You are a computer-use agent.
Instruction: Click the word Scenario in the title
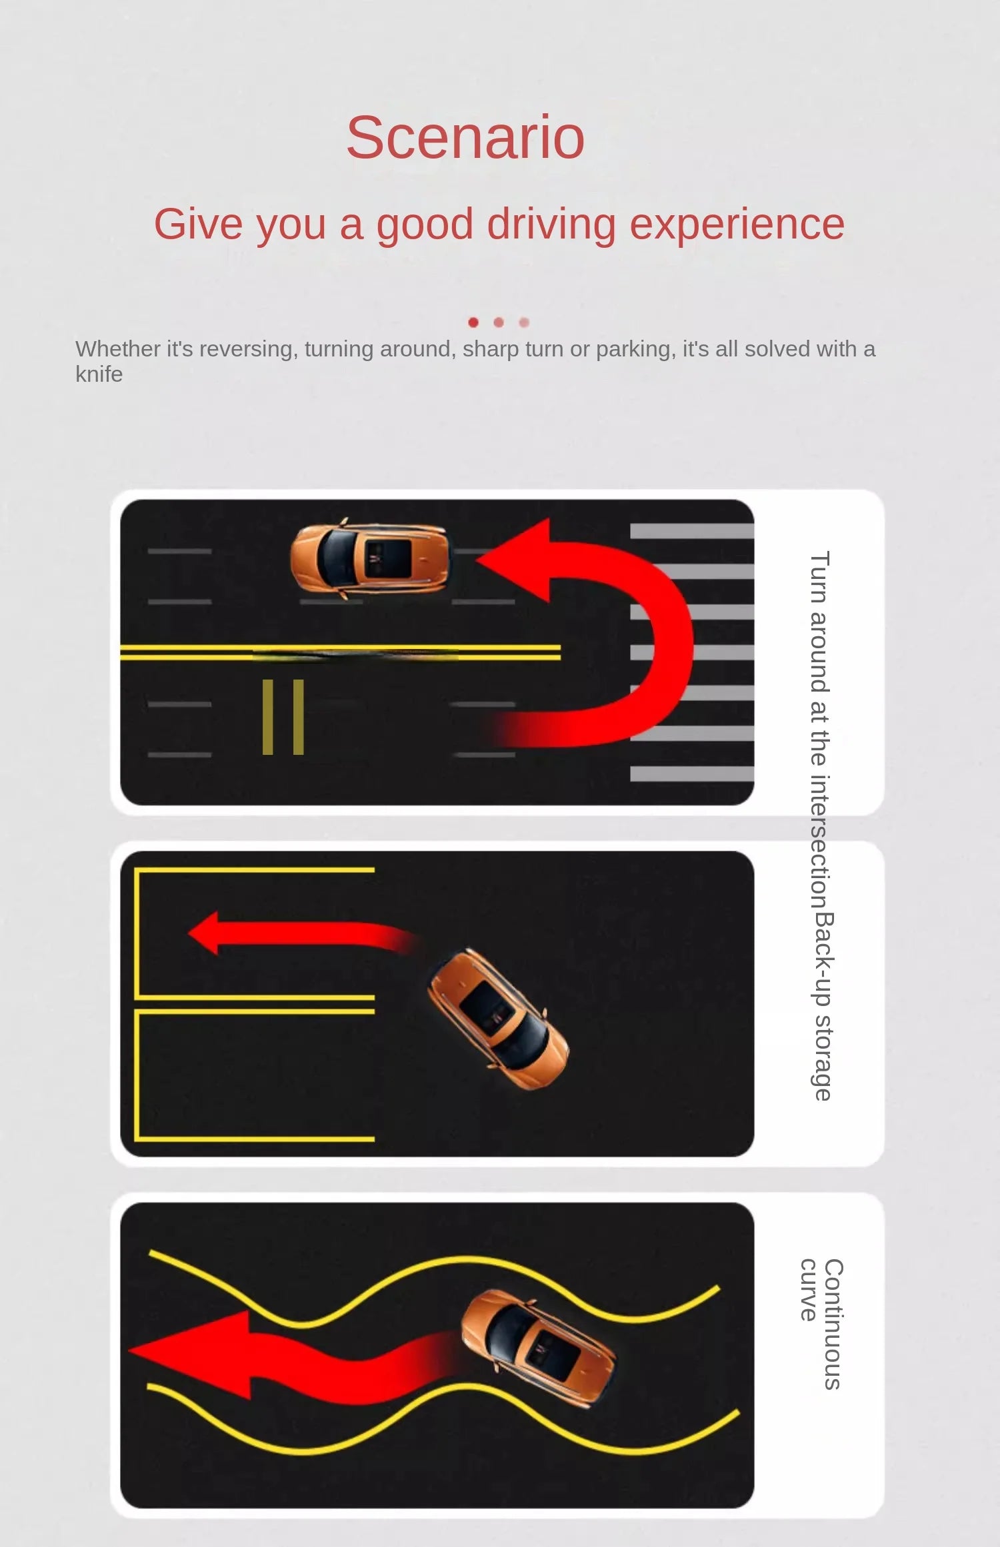(465, 137)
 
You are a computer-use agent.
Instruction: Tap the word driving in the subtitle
(551, 225)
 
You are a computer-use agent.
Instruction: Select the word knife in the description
(99, 374)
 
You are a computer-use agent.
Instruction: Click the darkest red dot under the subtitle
(473, 322)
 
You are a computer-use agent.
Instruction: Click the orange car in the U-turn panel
(370, 558)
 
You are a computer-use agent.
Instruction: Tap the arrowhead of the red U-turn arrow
(513, 560)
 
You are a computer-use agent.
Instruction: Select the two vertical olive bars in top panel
(283, 717)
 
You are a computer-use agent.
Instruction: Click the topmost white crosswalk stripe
(692, 531)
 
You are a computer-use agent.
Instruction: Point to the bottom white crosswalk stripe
(692, 773)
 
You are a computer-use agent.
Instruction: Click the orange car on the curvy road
(538, 1348)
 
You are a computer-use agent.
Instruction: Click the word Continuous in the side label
(833, 1324)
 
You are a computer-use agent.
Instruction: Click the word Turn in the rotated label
(819, 577)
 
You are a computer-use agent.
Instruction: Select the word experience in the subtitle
(737, 225)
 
